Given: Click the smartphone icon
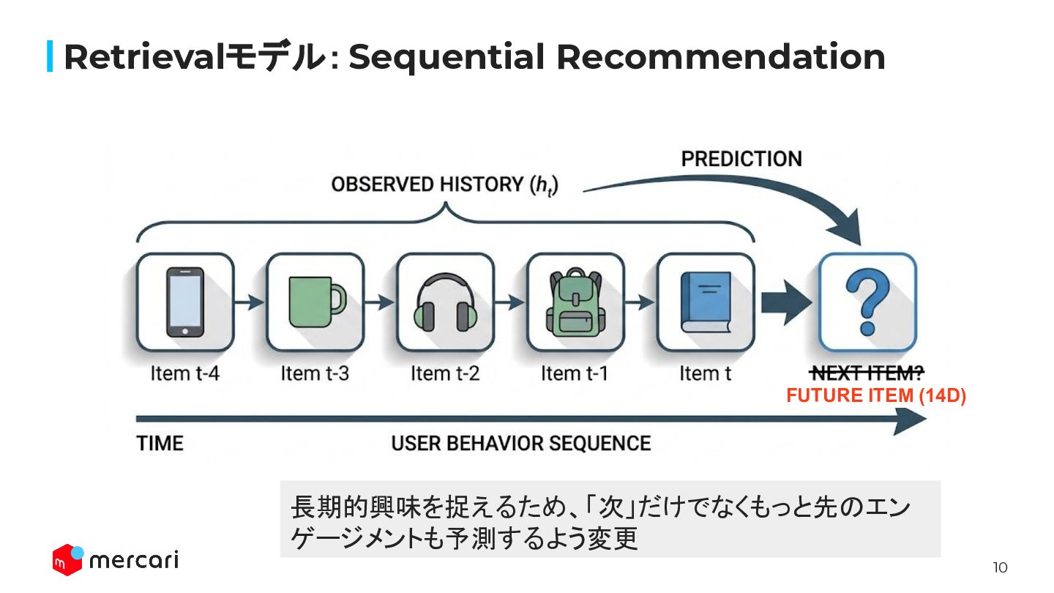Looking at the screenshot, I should point(184,302).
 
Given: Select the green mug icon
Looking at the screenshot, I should point(315,302).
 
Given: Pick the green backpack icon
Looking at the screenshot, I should point(575,302).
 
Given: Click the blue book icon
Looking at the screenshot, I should point(706,302).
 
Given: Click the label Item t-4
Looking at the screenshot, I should point(184,373).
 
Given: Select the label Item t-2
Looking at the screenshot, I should point(445,373).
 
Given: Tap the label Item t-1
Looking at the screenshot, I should point(575,373).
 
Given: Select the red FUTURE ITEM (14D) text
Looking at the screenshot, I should point(876,396).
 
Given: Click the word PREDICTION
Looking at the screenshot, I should point(741,159).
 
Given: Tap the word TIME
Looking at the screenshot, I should point(160,444).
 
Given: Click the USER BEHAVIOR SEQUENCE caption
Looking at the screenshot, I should point(520,444).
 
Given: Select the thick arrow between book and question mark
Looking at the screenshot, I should point(785,302).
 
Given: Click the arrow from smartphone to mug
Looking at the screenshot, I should point(250,302).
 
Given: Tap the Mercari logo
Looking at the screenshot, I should point(115,560).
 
